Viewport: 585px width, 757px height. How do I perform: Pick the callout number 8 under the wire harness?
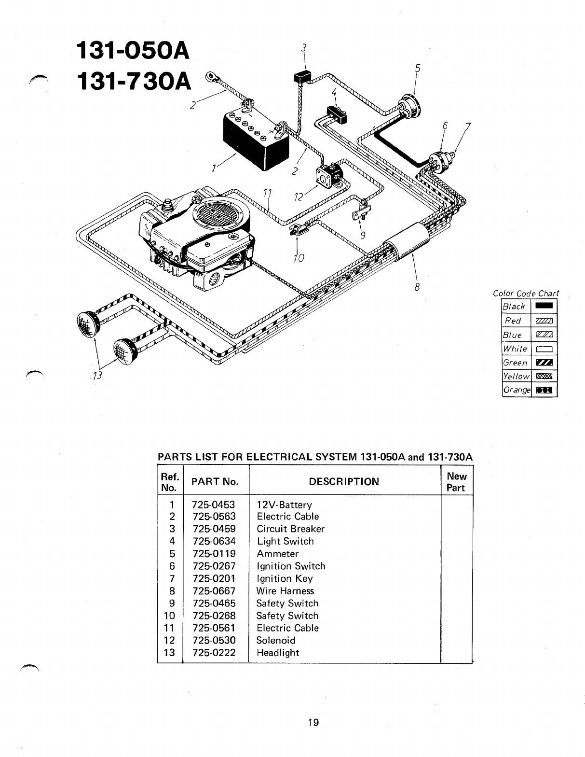(418, 287)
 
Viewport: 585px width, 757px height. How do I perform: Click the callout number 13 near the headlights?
(98, 376)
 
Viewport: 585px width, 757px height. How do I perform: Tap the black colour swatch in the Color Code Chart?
(544, 306)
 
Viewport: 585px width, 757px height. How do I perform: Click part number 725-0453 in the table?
(214, 505)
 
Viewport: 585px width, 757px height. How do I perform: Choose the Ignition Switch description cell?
(291, 566)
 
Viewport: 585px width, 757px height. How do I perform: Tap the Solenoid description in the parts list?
(276, 641)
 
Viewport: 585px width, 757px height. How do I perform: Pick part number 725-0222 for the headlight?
(214, 653)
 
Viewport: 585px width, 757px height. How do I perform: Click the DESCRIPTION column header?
(344, 481)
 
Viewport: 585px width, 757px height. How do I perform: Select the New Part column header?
(456, 482)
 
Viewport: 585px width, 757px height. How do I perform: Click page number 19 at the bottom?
(313, 723)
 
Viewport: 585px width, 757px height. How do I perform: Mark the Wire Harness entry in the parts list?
(285, 591)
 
